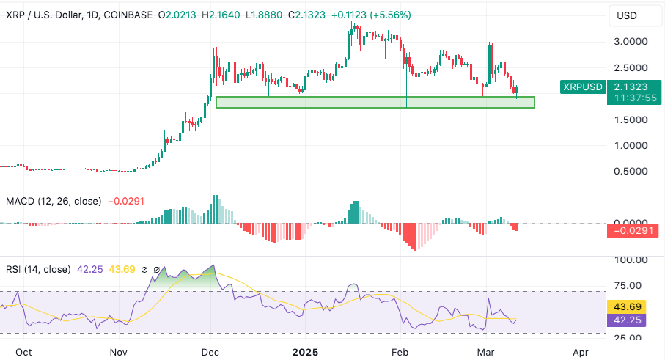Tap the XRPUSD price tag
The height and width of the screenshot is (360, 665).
(x=582, y=87)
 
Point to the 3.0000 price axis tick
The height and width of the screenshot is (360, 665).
(x=630, y=42)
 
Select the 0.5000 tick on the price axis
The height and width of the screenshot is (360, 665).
(x=630, y=171)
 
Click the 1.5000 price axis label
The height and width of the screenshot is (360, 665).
(x=630, y=120)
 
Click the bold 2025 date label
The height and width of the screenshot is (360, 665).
(x=305, y=351)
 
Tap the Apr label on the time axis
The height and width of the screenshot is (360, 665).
(x=581, y=351)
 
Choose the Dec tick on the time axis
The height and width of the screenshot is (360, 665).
(x=211, y=351)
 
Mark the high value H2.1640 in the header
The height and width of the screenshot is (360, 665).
(x=218, y=15)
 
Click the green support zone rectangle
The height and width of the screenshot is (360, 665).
(x=375, y=103)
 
